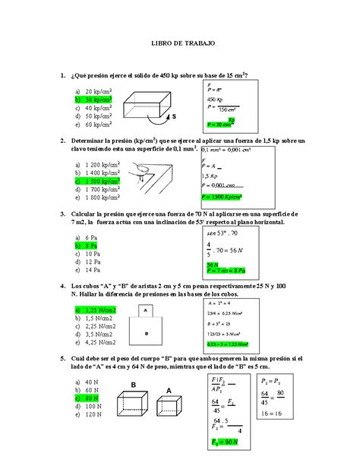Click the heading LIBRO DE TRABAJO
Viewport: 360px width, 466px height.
pyautogui.click(x=180, y=45)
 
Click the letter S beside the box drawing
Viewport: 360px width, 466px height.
pyautogui.click(x=173, y=117)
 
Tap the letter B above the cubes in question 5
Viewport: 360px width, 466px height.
pyautogui.click(x=134, y=385)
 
